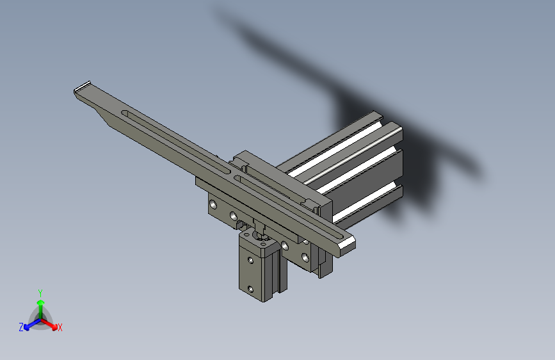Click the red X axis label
click(60, 327)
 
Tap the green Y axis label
click(40, 293)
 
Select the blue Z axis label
click(21, 327)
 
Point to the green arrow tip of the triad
click(41, 302)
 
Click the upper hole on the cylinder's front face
click(250, 261)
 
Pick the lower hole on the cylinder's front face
click(250, 290)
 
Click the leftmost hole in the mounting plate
click(213, 204)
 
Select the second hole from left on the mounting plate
click(233, 215)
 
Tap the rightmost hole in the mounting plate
click(305, 257)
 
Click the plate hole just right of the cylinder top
click(285, 245)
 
